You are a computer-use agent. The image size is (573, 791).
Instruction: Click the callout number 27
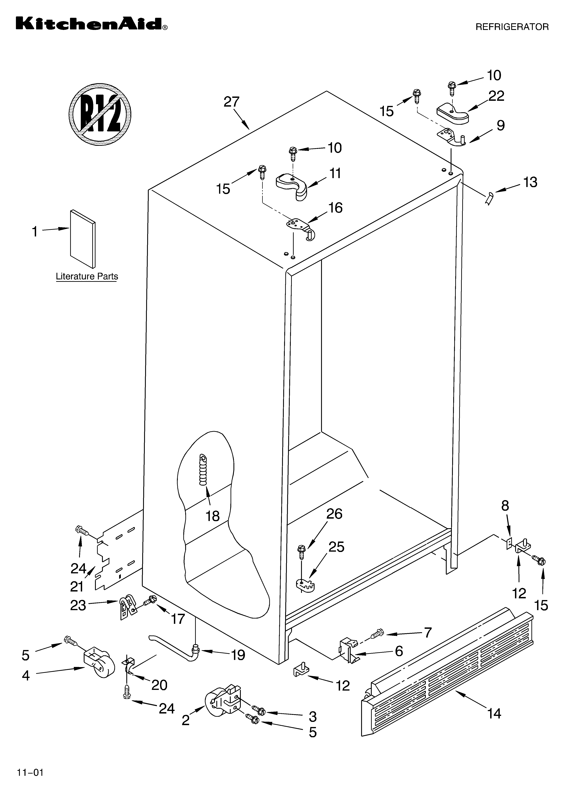tap(231, 102)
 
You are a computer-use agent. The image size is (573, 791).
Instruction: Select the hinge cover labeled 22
tap(453, 113)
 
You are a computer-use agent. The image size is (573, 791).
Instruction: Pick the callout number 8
tap(505, 505)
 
